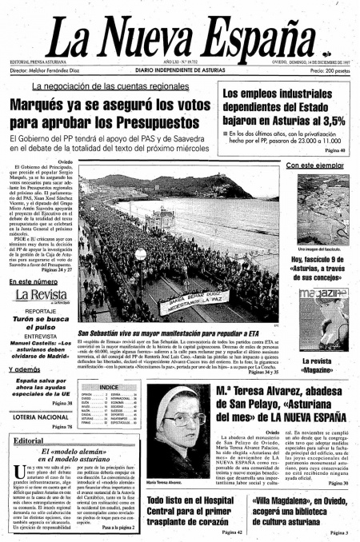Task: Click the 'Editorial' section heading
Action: tap(28, 440)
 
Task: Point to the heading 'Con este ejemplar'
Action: tap(315, 165)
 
